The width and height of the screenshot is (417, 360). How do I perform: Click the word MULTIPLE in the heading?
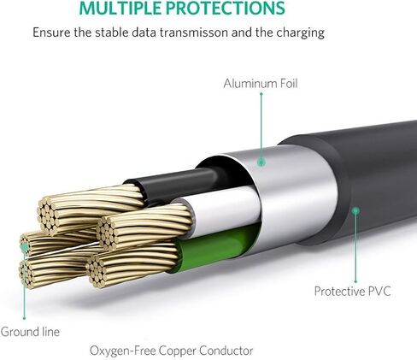[120, 8]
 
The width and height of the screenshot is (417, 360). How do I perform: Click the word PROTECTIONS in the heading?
[226, 8]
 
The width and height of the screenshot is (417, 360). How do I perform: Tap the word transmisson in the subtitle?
[193, 32]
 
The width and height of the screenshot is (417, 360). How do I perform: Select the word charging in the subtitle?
[300, 33]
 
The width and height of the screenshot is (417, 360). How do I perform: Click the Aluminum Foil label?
[261, 84]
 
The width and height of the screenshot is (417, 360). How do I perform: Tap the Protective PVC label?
[352, 292]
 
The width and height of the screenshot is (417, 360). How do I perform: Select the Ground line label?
[30, 332]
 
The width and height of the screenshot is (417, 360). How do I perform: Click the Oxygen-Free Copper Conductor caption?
[172, 351]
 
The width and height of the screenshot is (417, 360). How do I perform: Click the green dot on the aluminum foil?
[261, 162]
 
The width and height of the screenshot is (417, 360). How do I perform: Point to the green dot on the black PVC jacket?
[355, 211]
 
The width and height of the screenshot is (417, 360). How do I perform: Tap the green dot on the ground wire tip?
[25, 247]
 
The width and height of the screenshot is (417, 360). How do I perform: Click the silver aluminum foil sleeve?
[288, 197]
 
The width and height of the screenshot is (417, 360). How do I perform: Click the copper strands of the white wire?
[144, 227]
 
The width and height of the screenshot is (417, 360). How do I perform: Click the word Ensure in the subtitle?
[51, 32]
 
